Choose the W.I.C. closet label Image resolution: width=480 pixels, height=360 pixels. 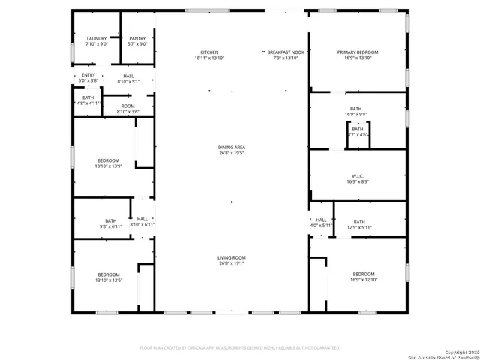click(358, 178)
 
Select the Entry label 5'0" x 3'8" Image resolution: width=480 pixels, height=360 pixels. click(88, 77)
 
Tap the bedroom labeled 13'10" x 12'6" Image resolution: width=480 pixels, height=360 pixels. click(108, 277)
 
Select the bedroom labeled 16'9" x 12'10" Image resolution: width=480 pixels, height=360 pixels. click(364, 277)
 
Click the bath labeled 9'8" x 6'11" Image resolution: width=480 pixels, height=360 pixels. click(110, 223)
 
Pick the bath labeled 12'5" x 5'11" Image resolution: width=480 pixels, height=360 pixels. click(359, 224)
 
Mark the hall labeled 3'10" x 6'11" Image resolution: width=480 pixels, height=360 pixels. click(142, 222)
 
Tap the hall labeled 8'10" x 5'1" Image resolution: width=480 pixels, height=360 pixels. click(128, 78)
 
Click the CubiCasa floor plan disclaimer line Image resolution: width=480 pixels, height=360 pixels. click(240, 348)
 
